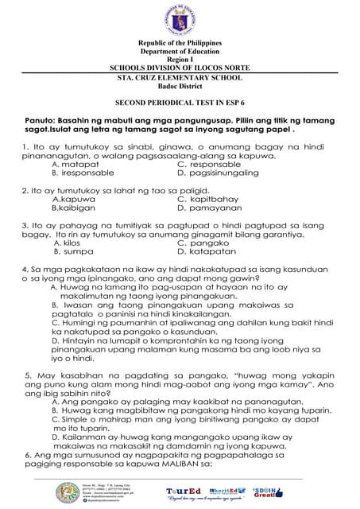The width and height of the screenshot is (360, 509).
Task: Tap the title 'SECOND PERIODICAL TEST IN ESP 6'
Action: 180,103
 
